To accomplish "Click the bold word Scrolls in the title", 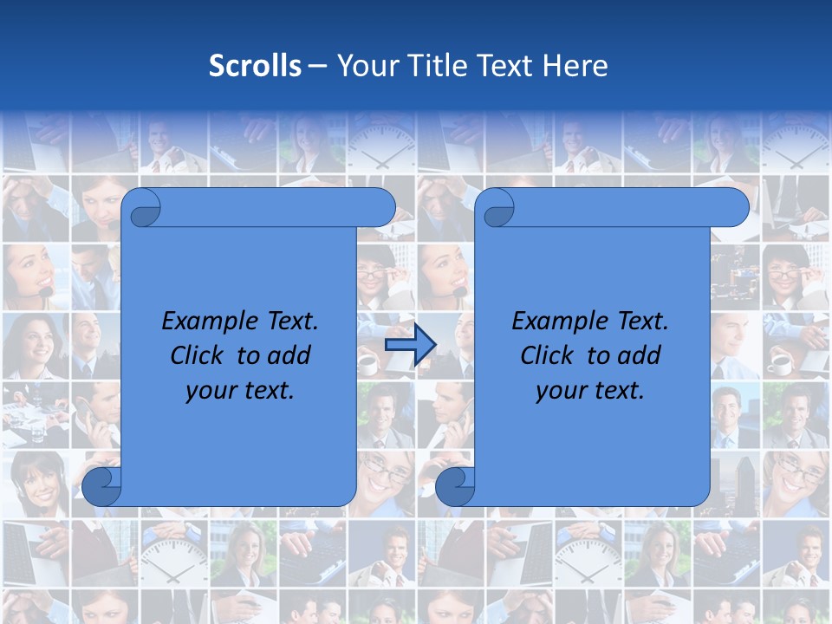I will coord(255,66).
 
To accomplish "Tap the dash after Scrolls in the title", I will coord(317,66).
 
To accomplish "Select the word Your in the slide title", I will coord(363,66).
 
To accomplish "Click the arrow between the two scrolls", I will coord(410,346).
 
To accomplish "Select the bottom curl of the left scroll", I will coord(101,486).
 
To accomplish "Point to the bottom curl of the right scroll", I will coord(455,486).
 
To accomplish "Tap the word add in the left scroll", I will coord(289,355).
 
